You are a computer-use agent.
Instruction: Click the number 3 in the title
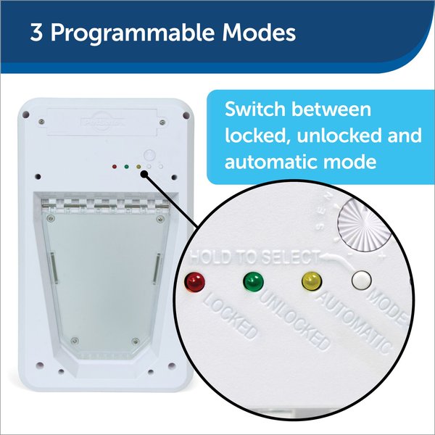pos(36,35)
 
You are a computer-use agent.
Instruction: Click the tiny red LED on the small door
pos(115,167)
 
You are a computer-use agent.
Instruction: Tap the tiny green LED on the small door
pos(126,167)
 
